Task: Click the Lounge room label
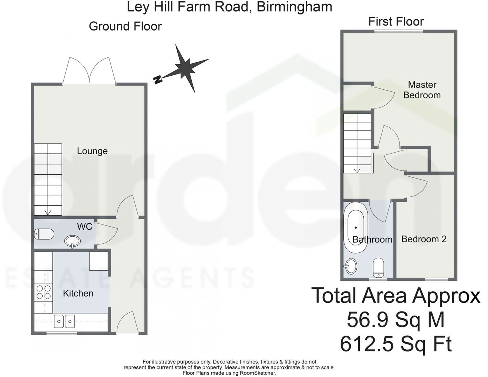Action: tap(92, 151)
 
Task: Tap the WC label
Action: tap(85, 226)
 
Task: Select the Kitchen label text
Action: tap(78, 293)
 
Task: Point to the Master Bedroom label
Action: tap(422, 90)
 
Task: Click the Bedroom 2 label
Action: tap(424, 239)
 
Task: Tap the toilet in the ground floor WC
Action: tap(44, 234)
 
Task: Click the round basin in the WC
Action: tap(73, 241)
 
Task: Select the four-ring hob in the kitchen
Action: tap(43, 292)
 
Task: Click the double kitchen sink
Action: tap(64, 321)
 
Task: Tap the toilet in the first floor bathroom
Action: tap(378, 267)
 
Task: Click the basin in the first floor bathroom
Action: tap(351, 266)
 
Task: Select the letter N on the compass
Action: tap(158, 80)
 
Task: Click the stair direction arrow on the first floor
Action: tap(357, 170)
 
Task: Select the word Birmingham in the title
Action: tap(294, 6)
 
